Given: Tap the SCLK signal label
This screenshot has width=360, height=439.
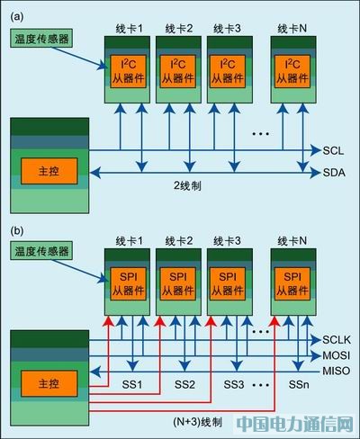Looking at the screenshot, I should pyautogui.click(x=336, y=341).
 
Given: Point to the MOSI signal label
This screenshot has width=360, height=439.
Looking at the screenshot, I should pyautogui.click(x=336, y=355).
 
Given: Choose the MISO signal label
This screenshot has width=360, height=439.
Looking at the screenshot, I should pyautogui.click(x=336, y=370).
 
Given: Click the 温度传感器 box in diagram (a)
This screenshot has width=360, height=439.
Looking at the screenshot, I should pyautogui.click(x=42, y=40).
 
